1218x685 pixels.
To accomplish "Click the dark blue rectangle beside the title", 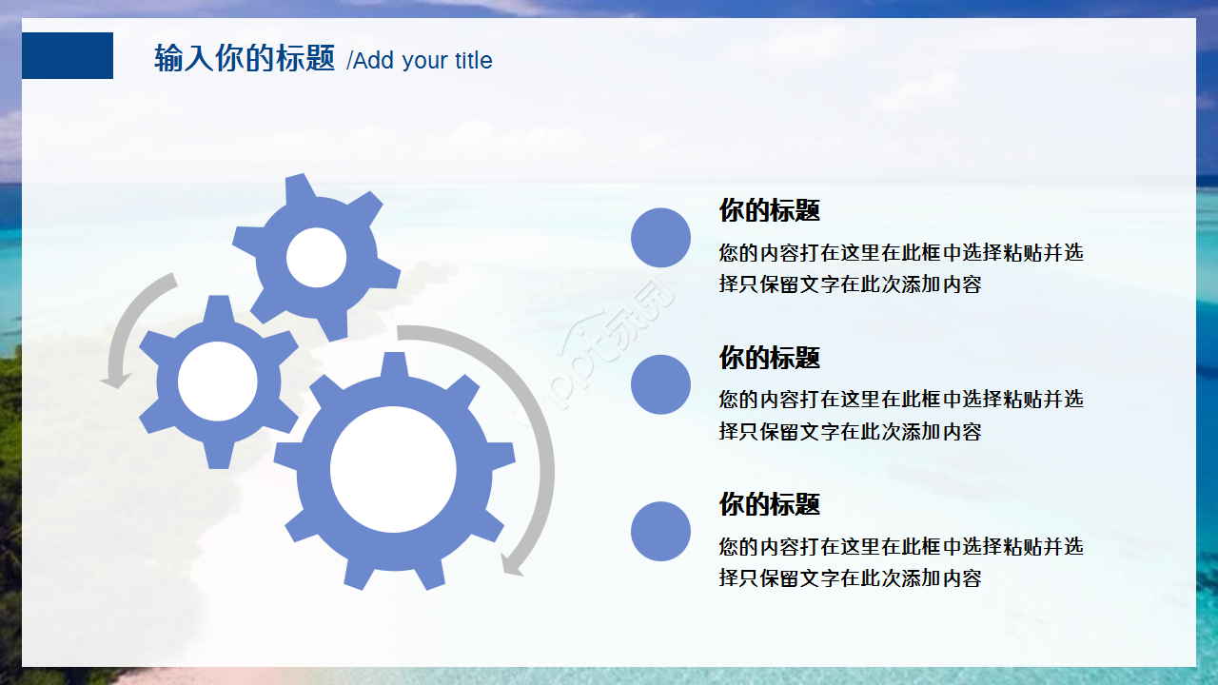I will pyautogui.click(x=67, y=55).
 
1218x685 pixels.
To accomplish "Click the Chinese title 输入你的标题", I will pyautogui.click(x=245, y=59).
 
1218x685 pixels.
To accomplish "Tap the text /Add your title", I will pyautogui.click(x=420, y=61).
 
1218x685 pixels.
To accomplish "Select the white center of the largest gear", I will pyautogui.click(x=393, y=469).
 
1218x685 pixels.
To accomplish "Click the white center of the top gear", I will pyautogui.click(x=316, y=258).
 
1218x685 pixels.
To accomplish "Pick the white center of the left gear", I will pyautogui.click(x=218, y=382).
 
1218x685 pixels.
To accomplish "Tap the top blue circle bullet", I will pyautogui.click(x=660, y=237).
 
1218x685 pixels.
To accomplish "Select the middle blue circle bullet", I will pyautogui.click(x=660, y=384).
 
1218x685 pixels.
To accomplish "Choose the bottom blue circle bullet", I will pyautogui.click(x=660, y=531).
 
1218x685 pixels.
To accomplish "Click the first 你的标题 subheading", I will pyautogui.click(x=769, y=210).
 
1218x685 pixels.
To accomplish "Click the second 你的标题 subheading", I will pyautogui.click(x=769, y=358).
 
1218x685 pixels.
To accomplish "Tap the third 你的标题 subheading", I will pyautogui.click(x=769, y=504).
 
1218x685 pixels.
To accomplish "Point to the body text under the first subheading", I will pyautogui.click(x=900, y=268).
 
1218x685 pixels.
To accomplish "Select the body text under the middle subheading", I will pyautogui.click(x=900, y=415).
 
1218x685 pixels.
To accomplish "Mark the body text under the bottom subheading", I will pyautogui.click(x=900, y=562).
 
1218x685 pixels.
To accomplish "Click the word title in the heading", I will pyautogui.click(x=473, y=61).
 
